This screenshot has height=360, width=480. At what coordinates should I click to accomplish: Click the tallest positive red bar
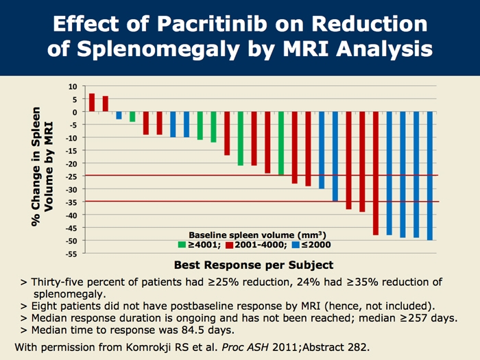click(x=92, y=102)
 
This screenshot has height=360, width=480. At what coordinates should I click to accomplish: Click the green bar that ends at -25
click(x=281, y=143)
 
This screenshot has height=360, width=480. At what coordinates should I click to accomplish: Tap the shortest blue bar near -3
click(x=119, y=115)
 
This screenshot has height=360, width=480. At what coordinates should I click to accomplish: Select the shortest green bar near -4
click(x=132, y=117)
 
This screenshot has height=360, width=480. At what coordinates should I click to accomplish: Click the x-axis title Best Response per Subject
click(x=253, y=265)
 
